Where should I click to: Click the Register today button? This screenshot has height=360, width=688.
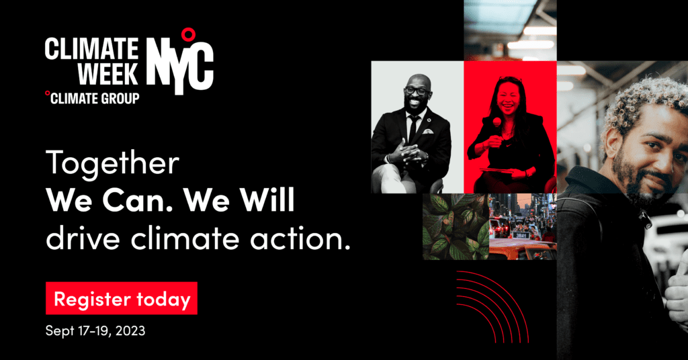coord(122,298)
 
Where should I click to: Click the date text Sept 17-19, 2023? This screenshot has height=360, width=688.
coord(95,330)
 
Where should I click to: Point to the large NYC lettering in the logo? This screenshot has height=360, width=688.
coord(179,66)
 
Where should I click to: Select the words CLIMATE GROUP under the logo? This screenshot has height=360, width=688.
coord(95,99)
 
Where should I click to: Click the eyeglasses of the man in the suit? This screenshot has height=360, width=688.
coord(416,91)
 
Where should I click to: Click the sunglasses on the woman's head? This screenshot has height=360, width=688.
coord(511,79)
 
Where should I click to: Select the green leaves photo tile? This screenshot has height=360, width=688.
coord(456,227)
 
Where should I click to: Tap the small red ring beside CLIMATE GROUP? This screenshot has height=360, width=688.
coord(48,93)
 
